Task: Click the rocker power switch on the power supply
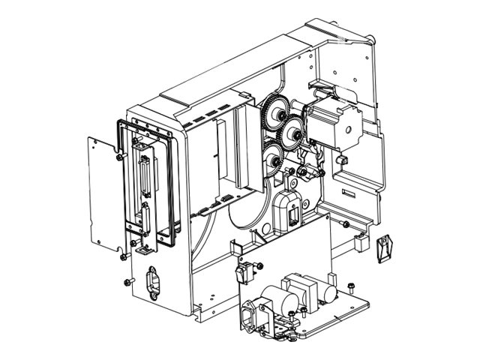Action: (244, 273)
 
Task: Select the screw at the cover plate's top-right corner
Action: (120, 157)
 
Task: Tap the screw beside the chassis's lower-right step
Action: (344, 224)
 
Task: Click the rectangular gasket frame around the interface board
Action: (169, 187)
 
